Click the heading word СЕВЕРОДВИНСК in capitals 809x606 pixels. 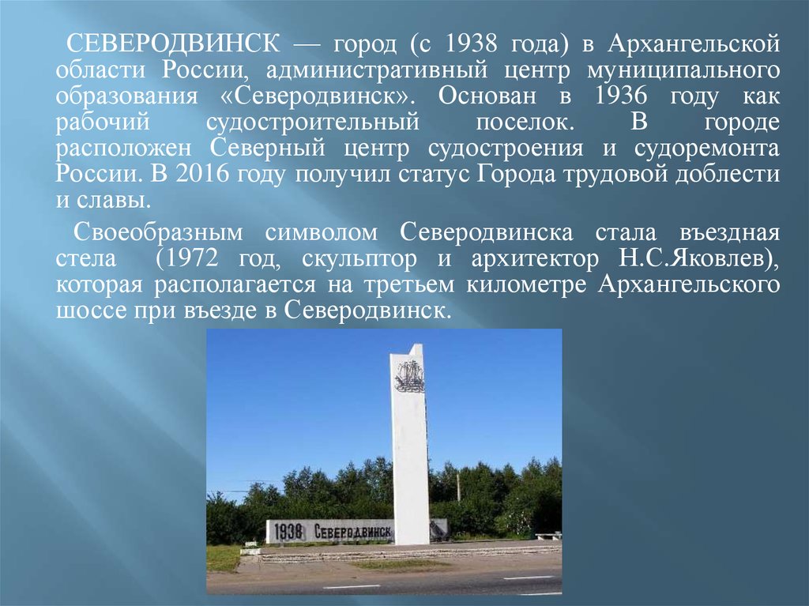point(173,44)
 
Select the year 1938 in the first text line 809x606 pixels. point(470,44)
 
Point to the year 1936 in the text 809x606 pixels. point(621,96)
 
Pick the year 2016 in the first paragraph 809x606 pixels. point(201,175)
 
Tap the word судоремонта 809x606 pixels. point(707,149)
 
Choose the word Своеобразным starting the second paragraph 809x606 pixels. point(158,233)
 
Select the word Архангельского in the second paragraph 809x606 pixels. point(689,285)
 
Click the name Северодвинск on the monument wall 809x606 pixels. point(353,532)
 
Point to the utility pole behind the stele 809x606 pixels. point(457,487)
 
